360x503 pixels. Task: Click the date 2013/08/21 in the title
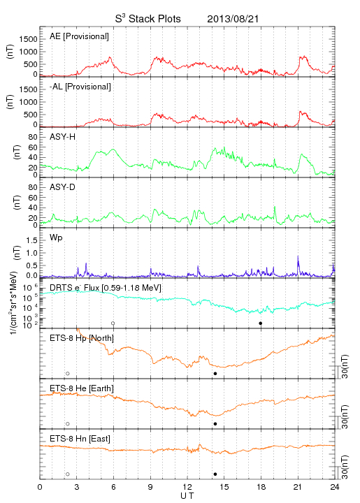click(233, 19)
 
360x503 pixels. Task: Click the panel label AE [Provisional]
click(79, 36)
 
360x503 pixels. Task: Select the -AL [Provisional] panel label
click(80, 87)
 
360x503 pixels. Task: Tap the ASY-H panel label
click(62, 137)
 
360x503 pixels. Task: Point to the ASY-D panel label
click(62, 187)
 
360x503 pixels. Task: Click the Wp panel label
click(56, 238)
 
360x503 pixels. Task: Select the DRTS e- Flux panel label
click(106, 288)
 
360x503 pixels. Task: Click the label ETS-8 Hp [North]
click(82, 338)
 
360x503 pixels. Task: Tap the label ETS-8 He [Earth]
click(82, 388)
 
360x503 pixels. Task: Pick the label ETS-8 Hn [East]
click(80, 439)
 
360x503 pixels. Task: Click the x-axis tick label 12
click(187, 487)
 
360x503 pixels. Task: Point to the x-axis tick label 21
click(298, 487)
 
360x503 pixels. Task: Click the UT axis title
click(187, 496)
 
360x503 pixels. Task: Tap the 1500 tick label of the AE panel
click(28, 39)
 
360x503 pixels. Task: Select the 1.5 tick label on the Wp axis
click(31, 240)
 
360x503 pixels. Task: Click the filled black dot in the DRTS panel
click(261, 323)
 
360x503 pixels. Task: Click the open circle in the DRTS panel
click(113, 323)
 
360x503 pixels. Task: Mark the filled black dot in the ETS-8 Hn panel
click(215, 474)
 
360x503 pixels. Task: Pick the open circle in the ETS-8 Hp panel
click(68, 374)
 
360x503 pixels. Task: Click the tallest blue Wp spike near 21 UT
click(298, 256)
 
